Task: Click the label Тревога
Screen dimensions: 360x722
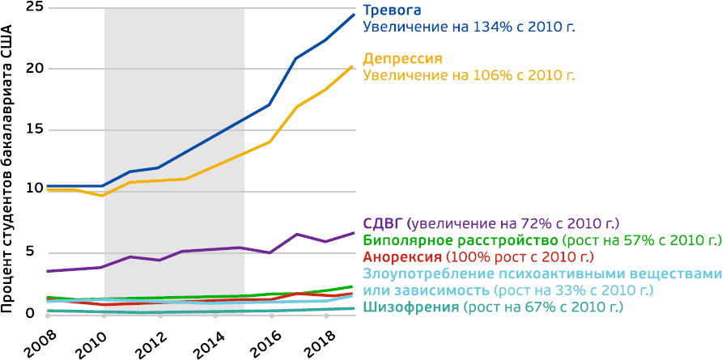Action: (x=393, y=11)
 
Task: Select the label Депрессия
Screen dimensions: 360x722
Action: (x=402, y=59)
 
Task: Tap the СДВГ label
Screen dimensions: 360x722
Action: (x=383, y=224)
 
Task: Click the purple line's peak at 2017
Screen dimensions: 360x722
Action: (x=297, y=235)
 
